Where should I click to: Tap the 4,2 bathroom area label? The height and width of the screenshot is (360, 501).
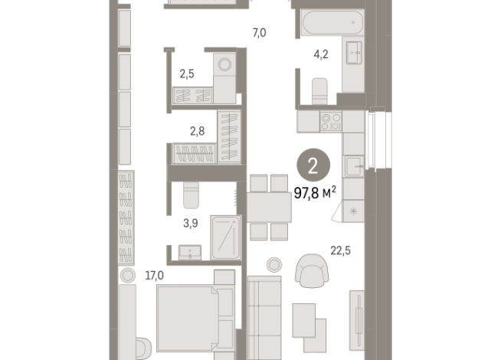(322, 54)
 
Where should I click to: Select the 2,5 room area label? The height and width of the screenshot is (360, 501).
(188, 74)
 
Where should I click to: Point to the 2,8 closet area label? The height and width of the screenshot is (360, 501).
(197, 132)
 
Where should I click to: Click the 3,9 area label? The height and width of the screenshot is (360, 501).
(192, 224)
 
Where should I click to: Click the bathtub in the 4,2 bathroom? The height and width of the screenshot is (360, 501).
(330, 24)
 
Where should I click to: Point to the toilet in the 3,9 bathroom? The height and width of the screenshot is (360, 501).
(192, 198)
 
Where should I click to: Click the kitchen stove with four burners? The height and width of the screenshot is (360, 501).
(331, 121)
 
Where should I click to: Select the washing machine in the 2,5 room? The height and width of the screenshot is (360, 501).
(225, 66)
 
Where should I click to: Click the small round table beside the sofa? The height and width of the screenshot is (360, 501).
(273, 265)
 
